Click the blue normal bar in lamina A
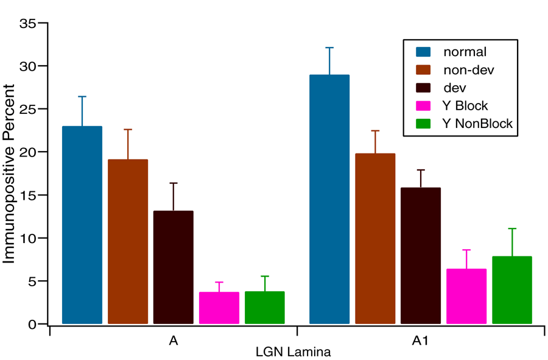pos(82,225)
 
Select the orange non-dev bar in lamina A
pos(128,241)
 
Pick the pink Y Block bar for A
pos(219,308)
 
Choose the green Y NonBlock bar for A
pos(265,308)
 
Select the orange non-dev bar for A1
pos(375,238)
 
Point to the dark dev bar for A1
pos(421,256)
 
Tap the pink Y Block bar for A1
pos(466,296)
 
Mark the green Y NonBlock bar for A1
pos(512,290)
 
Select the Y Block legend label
pos(466,106)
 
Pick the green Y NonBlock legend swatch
pos(423,124)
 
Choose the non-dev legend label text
pos(469,70)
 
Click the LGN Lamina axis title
pos(293,352)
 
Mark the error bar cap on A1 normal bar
pos(329,48)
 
